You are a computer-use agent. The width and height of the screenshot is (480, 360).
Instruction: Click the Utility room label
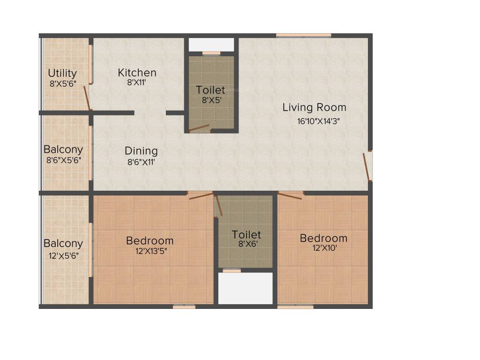point(62,74)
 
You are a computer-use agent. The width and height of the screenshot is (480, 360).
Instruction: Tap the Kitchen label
point(137,73)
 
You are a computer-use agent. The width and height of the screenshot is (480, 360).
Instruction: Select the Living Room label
point(314,107)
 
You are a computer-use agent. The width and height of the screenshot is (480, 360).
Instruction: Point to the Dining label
point(141,151)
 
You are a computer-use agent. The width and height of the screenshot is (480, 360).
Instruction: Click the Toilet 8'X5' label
point(210,90)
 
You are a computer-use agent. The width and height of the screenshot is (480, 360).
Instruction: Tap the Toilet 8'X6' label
point(246,235)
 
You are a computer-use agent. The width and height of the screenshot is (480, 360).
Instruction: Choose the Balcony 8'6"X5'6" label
point(63,150)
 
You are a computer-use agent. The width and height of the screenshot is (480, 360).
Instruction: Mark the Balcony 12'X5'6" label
point(63,244)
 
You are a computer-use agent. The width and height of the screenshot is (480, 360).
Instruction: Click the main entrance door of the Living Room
point(367,166)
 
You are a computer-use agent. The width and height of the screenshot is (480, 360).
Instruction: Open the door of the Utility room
point(87,99)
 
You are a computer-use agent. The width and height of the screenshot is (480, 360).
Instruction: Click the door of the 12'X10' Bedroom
point(290,195)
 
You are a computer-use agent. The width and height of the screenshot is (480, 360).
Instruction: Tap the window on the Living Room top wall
point(303,35)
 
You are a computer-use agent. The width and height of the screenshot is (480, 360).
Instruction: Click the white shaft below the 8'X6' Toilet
point(246,288)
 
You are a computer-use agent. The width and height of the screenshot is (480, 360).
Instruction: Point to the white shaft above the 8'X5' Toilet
point(211,45)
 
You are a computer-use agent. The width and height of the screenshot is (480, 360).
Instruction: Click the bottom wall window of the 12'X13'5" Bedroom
point(184,307)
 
